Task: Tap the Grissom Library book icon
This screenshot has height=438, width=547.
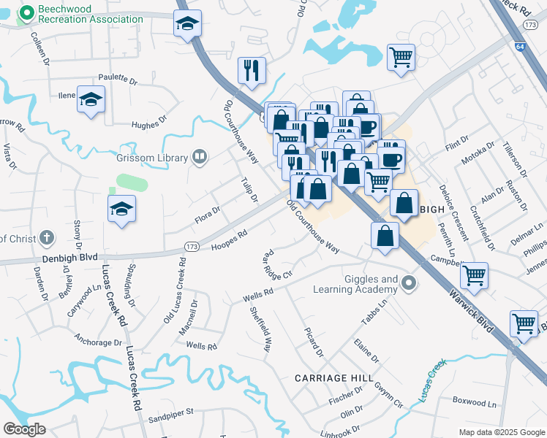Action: pos(198,156)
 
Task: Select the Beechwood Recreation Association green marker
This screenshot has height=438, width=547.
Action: pos(27,12)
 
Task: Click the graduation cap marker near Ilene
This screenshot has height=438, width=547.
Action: pos(91,100)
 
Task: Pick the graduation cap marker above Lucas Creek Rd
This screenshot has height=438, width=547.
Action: pos(121,210)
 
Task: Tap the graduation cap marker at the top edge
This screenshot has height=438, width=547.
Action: pos(187,25)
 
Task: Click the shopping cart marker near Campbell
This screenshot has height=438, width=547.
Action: pos(475,277)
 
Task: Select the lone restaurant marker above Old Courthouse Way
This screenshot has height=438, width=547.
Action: pos(251,71)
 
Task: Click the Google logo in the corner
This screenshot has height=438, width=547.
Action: pos(25,429)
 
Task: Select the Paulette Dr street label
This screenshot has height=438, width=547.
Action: pos(117,79)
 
